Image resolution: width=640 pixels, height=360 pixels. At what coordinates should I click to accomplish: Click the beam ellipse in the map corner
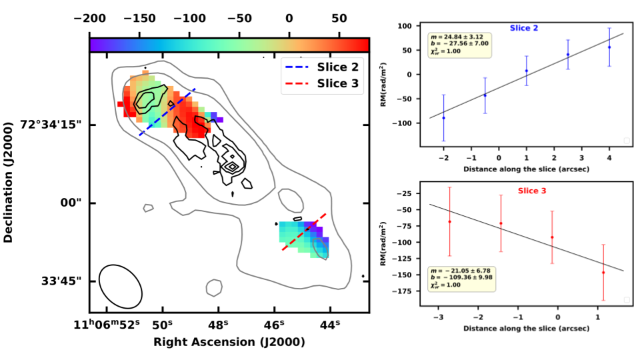tap(120, 285)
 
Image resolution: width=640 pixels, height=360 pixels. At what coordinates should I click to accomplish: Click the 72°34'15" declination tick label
tap(52, 125)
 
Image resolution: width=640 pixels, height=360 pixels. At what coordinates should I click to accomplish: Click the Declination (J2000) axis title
tap(9, 181)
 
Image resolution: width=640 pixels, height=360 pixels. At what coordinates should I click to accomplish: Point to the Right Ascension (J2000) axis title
tap(229, 342)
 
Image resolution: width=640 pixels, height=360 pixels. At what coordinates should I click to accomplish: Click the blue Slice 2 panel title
tap(524, 28)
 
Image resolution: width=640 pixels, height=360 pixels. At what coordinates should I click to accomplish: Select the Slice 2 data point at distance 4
tap(609, 47)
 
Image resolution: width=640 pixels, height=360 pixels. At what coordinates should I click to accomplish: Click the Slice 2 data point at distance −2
tap(443, 117)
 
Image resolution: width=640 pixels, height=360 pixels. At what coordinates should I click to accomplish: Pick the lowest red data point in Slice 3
tap(603, 272)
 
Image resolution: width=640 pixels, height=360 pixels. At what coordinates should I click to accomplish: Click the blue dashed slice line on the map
tap(167, 111)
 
